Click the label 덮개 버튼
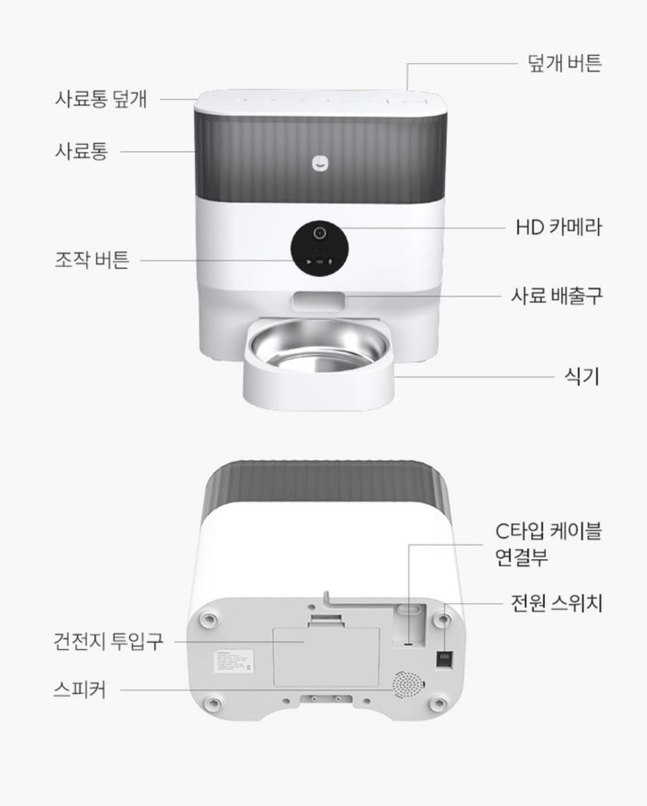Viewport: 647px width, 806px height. [x=564, y=63]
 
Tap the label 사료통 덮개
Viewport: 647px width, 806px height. [x=101, y=98]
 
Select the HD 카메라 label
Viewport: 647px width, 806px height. [x=558, y=227]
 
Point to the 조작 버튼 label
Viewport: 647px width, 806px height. [x=92, y=260]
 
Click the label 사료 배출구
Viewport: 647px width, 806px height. [x=557, y=296]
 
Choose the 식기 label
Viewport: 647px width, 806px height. [x=581, y=377]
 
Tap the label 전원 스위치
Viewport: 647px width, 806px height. [x=556, y=603]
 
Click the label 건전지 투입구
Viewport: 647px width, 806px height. [x=108, y=641]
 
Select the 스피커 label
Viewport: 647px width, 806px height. [x=79, y=689]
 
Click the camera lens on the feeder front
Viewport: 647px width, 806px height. [x=319, y=233]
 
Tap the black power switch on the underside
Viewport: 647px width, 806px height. [x=445, y=659]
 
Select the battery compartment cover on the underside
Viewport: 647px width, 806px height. [x=326, y=655]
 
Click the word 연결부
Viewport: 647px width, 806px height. [x=521, y=557]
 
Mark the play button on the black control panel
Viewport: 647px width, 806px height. [x=309, y=262]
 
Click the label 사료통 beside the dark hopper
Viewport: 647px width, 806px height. [x=81, y=151]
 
